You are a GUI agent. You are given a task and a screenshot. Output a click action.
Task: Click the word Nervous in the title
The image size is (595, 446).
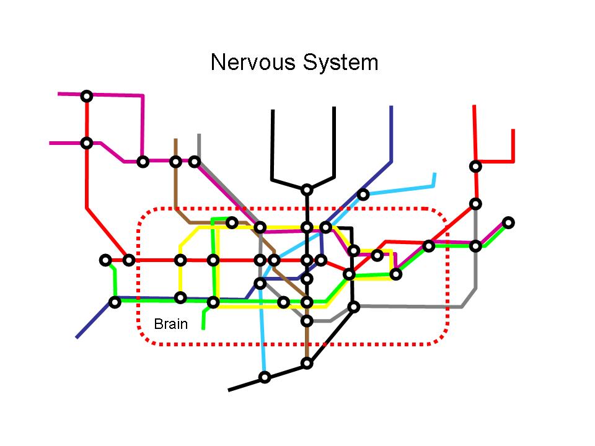coord(253,63)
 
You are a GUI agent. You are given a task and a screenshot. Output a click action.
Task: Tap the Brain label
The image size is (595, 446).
coord(170,323)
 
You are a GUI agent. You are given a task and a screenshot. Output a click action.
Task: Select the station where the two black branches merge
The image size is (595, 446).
coord(307,190)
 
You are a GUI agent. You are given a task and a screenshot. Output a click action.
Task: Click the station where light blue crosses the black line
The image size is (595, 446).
coord(265,377)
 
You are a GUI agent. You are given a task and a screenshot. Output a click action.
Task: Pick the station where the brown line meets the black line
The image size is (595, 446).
coord(307,363)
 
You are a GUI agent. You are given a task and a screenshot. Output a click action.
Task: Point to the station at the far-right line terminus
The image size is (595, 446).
coord(508,222)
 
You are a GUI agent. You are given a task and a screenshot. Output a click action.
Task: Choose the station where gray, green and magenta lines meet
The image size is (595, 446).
coord(475,246)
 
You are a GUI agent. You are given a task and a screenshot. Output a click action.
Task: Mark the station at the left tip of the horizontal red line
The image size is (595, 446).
coord(106,260)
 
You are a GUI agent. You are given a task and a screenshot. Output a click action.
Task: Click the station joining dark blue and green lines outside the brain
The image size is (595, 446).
coord(115,302)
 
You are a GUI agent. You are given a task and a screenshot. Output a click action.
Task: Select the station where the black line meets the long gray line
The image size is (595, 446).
coord(353,306)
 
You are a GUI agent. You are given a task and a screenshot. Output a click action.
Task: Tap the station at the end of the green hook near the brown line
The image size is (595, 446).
coord(232,222)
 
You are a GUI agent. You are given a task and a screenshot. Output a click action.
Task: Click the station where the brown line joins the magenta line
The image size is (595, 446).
coord(175,162)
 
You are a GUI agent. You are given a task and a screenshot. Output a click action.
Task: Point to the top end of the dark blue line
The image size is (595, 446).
coord(392,107)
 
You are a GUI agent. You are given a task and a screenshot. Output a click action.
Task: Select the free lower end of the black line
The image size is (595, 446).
coord(229,390)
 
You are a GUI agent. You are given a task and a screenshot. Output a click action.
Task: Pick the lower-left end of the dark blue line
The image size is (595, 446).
coord(77,338)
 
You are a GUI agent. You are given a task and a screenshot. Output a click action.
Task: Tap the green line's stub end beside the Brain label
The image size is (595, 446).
coord(203,328)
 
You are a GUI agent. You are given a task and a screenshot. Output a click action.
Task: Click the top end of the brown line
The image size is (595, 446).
coord(175,139)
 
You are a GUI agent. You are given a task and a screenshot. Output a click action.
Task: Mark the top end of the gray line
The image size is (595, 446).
coord(199,134)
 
